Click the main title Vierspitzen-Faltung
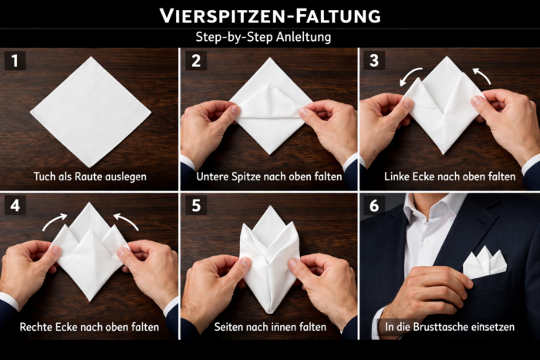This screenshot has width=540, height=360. [x=269, y=15]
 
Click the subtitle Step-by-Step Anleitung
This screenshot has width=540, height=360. [x=269, y=37]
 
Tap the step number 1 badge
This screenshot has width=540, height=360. [x=15, y=61]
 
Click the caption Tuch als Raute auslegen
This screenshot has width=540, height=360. [x=89, y=177]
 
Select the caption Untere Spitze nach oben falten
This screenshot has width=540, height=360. [x=269, y=177]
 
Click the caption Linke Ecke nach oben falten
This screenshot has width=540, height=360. [x=450, y=177]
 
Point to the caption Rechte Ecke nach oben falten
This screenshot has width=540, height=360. [x=89, y=327]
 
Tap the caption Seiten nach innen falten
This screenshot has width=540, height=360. [x=269, y=327]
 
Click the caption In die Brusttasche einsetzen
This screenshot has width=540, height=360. [x=450, y=327]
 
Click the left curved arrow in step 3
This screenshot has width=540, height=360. [x=411, y=76]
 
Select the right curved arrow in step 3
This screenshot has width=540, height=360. [x=482, y=75]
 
